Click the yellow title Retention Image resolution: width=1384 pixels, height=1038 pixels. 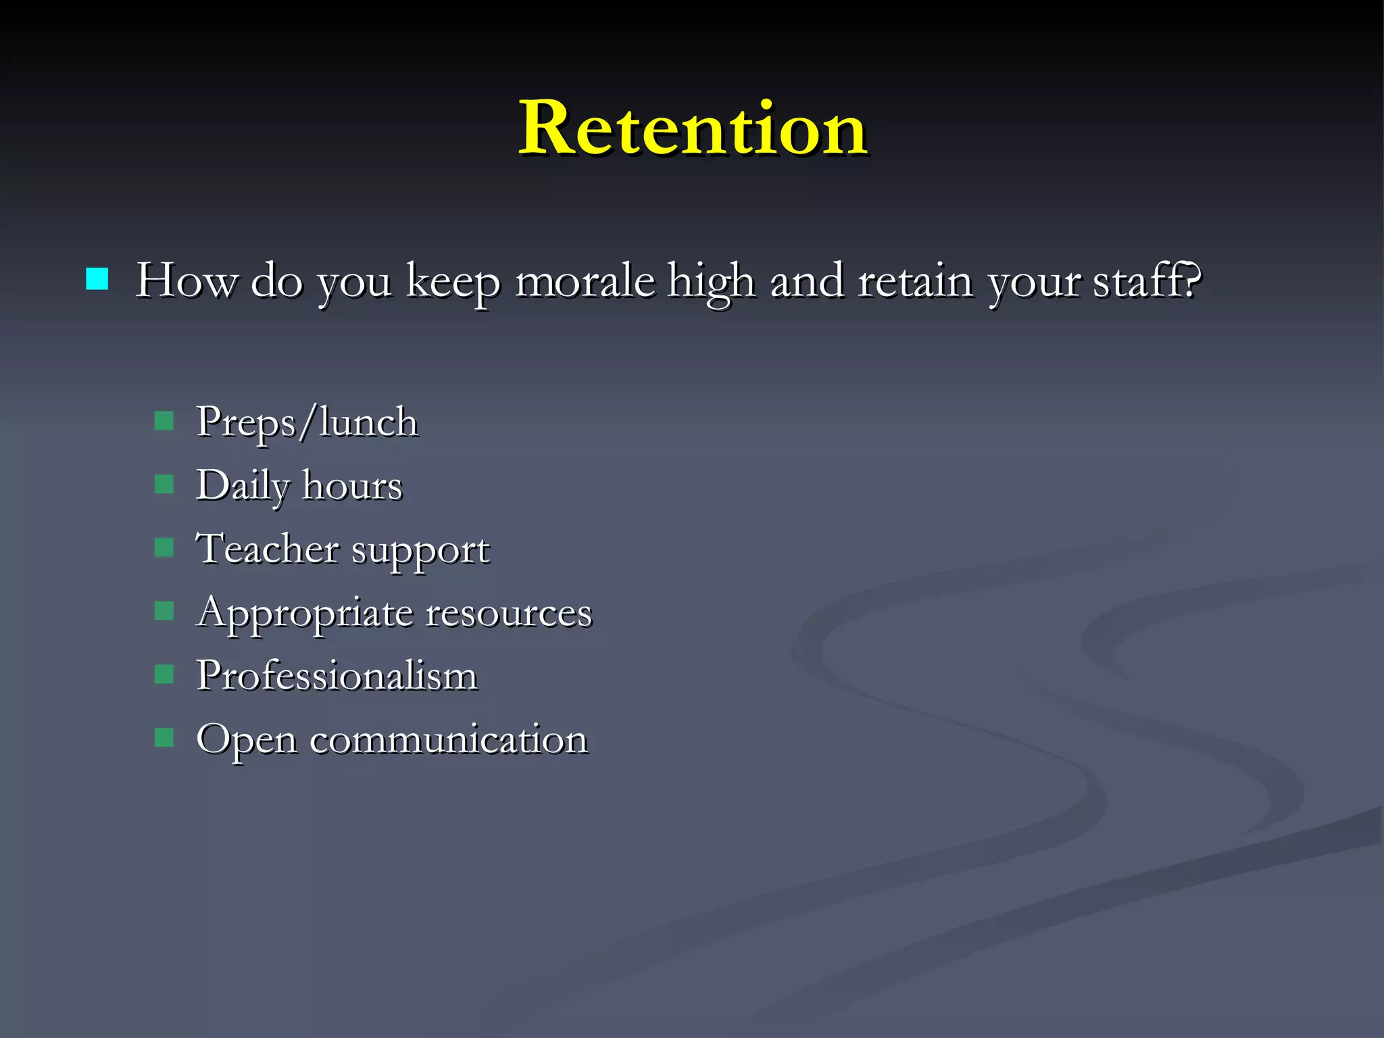[x=693, y=128]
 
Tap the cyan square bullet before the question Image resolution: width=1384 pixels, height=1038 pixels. [x=97, y=278]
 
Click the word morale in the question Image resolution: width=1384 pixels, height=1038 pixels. [x=585, y=280]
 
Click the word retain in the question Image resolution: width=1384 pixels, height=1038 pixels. [x=915, y=280]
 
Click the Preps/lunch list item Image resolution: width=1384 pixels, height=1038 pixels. [x=307, y=422]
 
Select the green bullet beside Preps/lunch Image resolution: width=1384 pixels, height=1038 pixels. [x=164, y=421]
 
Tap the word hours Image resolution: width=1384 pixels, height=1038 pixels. [x=352, y=485]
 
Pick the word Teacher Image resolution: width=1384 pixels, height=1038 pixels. [x=267, y=548]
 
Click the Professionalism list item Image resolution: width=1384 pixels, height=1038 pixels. [x=337, y=675]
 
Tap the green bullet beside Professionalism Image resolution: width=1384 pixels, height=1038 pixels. [x=164, y=674]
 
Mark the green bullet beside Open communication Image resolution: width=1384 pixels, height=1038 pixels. [x=164, y=737]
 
